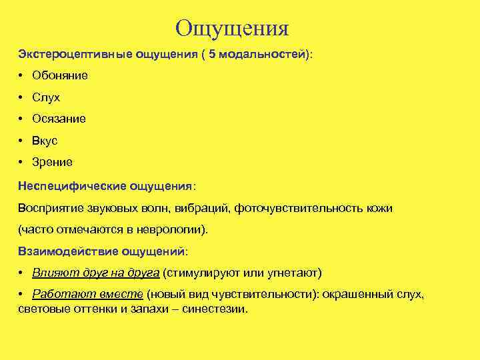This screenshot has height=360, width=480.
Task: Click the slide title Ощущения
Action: coord(232,28)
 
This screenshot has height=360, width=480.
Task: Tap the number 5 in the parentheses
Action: coord(212,54)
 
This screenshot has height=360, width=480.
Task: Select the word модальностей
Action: coord(261,54)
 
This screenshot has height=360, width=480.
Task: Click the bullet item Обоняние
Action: coord(60,75)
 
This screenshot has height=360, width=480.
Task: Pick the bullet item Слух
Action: coord(46,97)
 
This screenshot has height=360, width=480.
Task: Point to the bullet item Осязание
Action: coord(59,119)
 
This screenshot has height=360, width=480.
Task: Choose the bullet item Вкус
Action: coord(45,141)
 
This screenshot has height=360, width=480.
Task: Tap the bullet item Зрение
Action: coord(53,162)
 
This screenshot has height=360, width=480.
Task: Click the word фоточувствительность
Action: coord(298,208)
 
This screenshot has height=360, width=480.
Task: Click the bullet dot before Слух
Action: coord(22,97)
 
